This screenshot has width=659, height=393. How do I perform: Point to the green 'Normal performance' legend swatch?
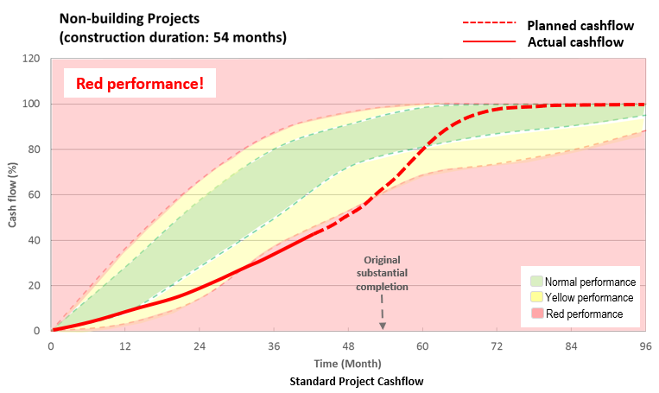point(535,282)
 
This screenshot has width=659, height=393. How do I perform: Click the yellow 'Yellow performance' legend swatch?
point(535,298)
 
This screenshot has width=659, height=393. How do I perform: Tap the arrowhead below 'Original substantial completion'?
point(383,325)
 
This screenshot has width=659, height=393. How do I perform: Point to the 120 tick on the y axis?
point(34,59)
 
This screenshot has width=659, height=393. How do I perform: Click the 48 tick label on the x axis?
point(348,345)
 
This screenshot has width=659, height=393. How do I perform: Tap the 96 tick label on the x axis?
point(644,345)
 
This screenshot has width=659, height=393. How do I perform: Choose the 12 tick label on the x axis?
point(125,345)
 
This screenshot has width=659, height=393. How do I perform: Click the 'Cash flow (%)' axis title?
point(12,194)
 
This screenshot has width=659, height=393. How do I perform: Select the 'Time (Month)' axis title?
point(348,363)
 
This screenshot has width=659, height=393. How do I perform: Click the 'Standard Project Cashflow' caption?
point(348,380)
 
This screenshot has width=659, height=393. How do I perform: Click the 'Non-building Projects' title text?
point(130,17)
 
